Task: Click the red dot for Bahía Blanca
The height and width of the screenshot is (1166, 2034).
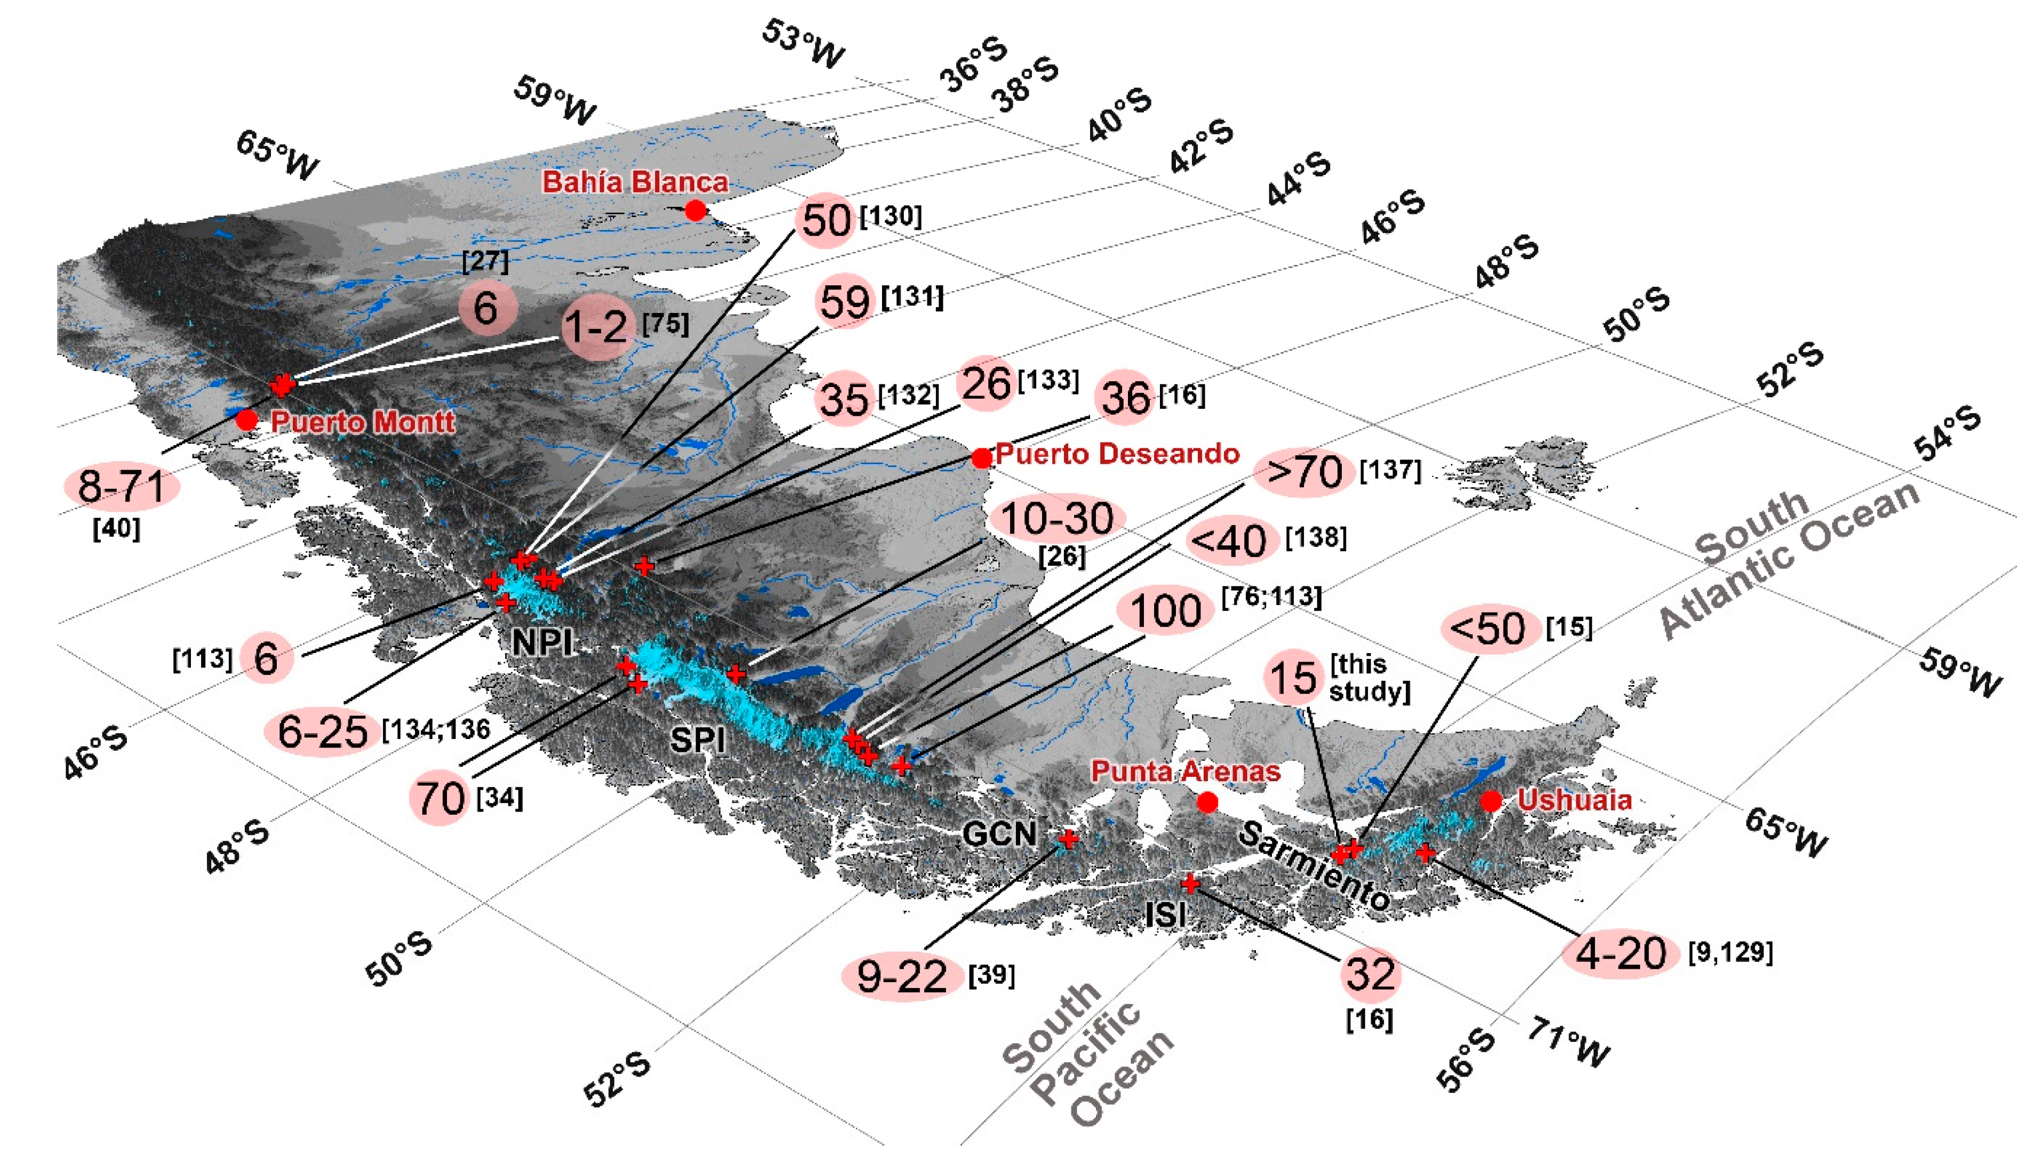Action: (x=695, y=211)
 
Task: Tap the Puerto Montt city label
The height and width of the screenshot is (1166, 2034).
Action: (x=362, y=422)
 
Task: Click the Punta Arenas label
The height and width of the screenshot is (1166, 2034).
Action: (x=1185, y=771)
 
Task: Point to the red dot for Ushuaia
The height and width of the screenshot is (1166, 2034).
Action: (x=1490, y=801)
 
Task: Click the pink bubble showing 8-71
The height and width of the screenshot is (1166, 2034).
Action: (x=122, y=487)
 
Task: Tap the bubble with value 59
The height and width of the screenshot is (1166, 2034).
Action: (x=844, y=302)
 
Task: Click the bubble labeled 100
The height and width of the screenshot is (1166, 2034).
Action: (x=1166, y=611)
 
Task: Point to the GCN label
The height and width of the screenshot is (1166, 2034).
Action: (x=999, y=834)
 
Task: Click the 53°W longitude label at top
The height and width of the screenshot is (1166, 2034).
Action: (x=803, y=44)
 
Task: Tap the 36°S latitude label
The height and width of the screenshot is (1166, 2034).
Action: (x=973, y=64)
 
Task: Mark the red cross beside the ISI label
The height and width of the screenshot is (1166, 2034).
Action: (x=1190, y=883)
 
